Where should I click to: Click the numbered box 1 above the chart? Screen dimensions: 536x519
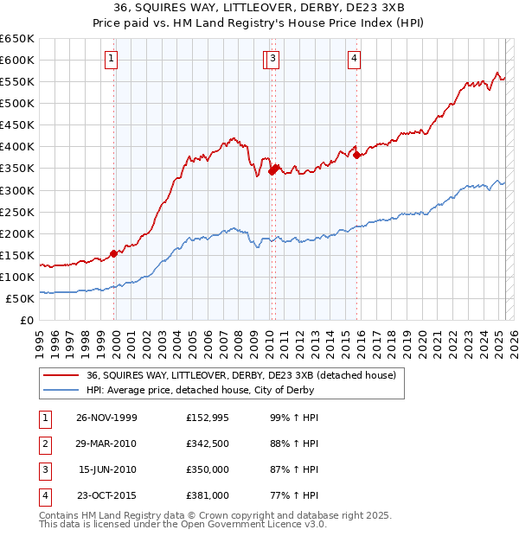coord(113,59)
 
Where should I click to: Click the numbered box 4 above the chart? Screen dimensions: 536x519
coord(355,59)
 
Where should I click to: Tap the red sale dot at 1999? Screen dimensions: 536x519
coord(114,253)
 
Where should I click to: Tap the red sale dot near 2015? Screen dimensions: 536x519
coord(357,155)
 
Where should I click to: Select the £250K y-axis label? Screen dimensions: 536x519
coord(17,212)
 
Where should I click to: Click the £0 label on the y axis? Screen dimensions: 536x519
coord(27,320)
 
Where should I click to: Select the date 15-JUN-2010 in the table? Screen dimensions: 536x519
coord(107,469)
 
